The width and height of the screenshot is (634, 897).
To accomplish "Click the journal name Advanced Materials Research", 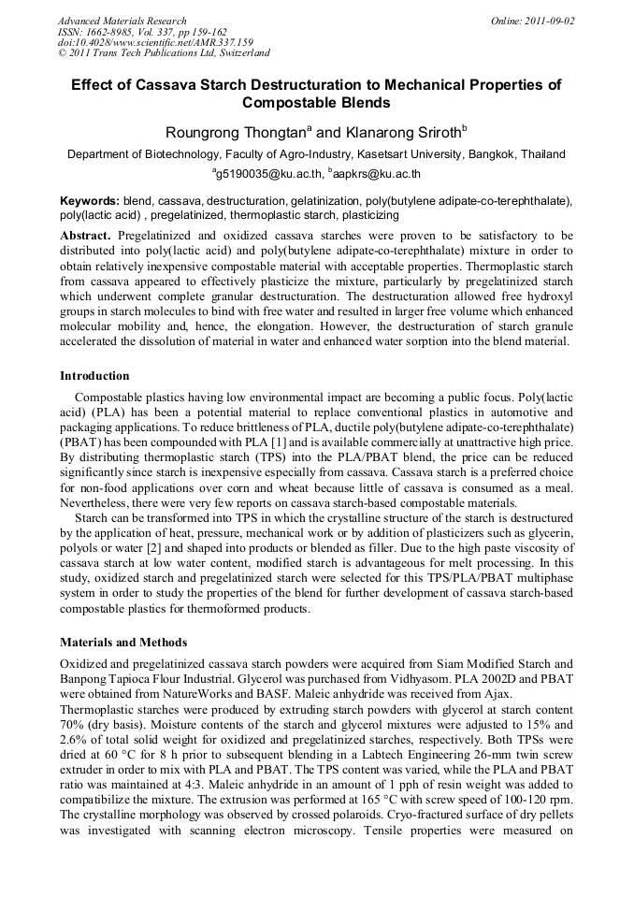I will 122,20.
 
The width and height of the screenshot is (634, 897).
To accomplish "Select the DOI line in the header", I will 155,42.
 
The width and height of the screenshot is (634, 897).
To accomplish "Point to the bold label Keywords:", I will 90,201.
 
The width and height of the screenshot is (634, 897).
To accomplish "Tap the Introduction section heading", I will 94,376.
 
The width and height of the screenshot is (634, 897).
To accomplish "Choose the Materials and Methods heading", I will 123,643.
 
